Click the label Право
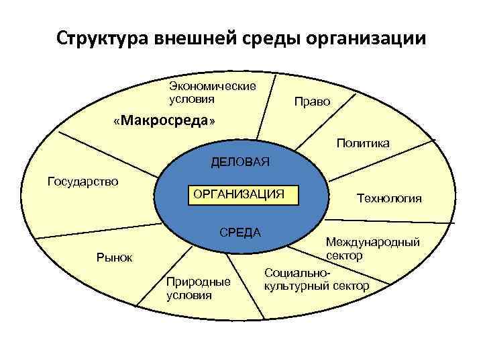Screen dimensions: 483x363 pyautogui.click(x=313, y=102)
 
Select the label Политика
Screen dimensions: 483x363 pyautogui.click(x=363, y=143)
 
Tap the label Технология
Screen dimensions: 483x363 pyautogui.click(x=389, y=198)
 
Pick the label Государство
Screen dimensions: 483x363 pyautogui.click(x=83, y=181)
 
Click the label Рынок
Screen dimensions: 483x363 pyautogui.click(x=115, y=257)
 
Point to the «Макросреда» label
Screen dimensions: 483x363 pyautogui.click(x=165, y=121)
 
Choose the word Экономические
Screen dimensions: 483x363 pyautogui.click(x=213, y=87)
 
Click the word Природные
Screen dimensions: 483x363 pyautogui.click(x=198, y=282)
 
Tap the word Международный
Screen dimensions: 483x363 pyautogui.click(x=373, y=243)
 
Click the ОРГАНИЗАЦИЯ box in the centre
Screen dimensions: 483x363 pyautogui.click(x=239, y=194)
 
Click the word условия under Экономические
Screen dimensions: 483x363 pyautogui.click(x=192, y=99)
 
